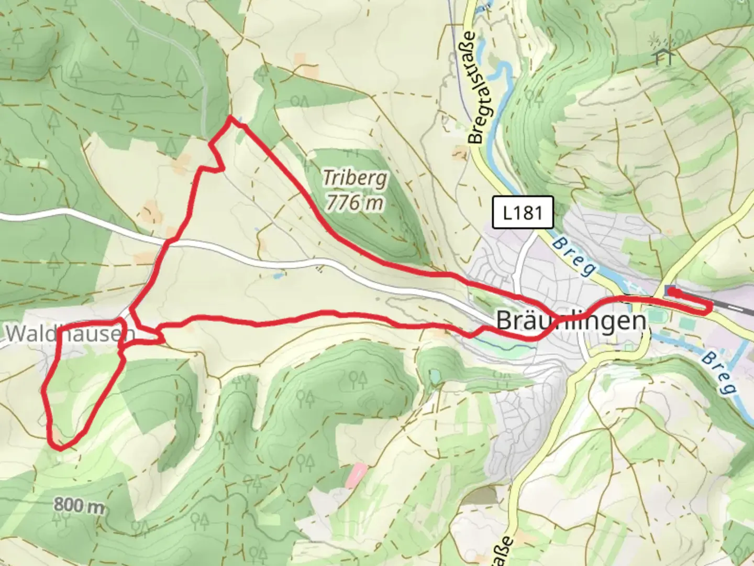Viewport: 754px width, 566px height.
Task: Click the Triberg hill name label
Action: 355,178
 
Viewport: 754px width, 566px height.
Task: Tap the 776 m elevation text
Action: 354,202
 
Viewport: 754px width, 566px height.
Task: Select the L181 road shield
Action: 523,213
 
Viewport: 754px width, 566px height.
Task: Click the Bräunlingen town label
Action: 571,320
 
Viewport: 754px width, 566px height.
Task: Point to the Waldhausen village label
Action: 71,333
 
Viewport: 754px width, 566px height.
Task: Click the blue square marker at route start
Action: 669,290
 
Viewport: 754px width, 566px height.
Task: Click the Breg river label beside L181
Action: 574,257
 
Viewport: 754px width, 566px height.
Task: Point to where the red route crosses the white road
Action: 169,242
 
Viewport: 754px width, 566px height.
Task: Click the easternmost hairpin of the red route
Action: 709,309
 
